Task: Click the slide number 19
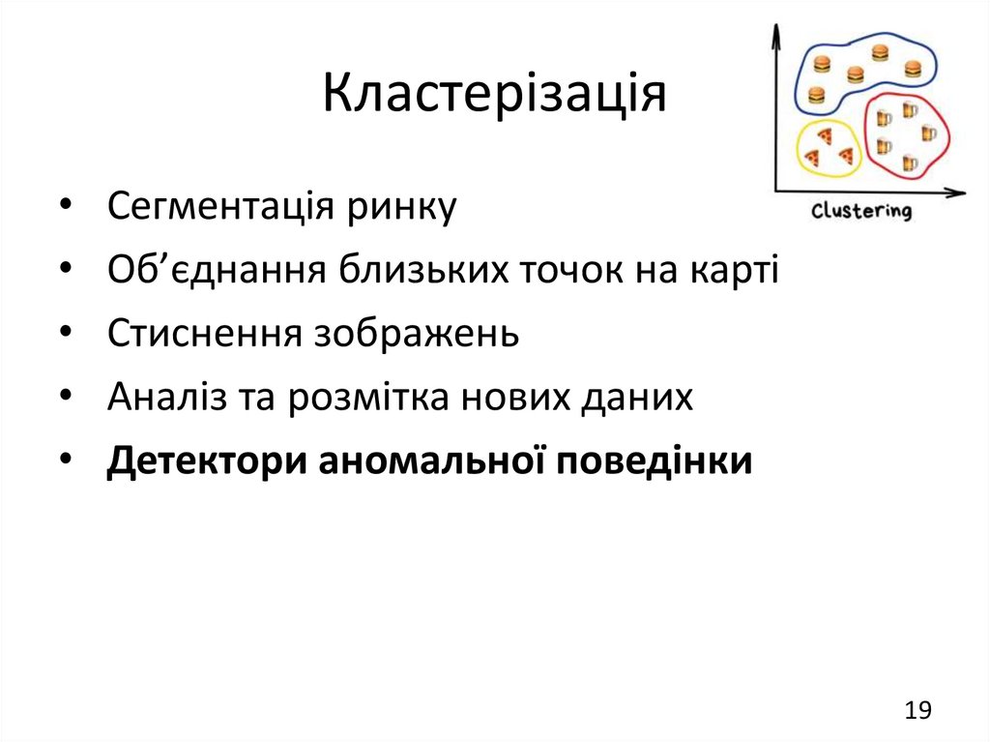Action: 917,711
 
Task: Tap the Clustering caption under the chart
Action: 860,210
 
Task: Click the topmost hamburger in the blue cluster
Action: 879,52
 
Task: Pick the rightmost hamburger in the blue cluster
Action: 913,69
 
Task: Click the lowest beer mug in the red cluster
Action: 908,163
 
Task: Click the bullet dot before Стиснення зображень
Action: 64,334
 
